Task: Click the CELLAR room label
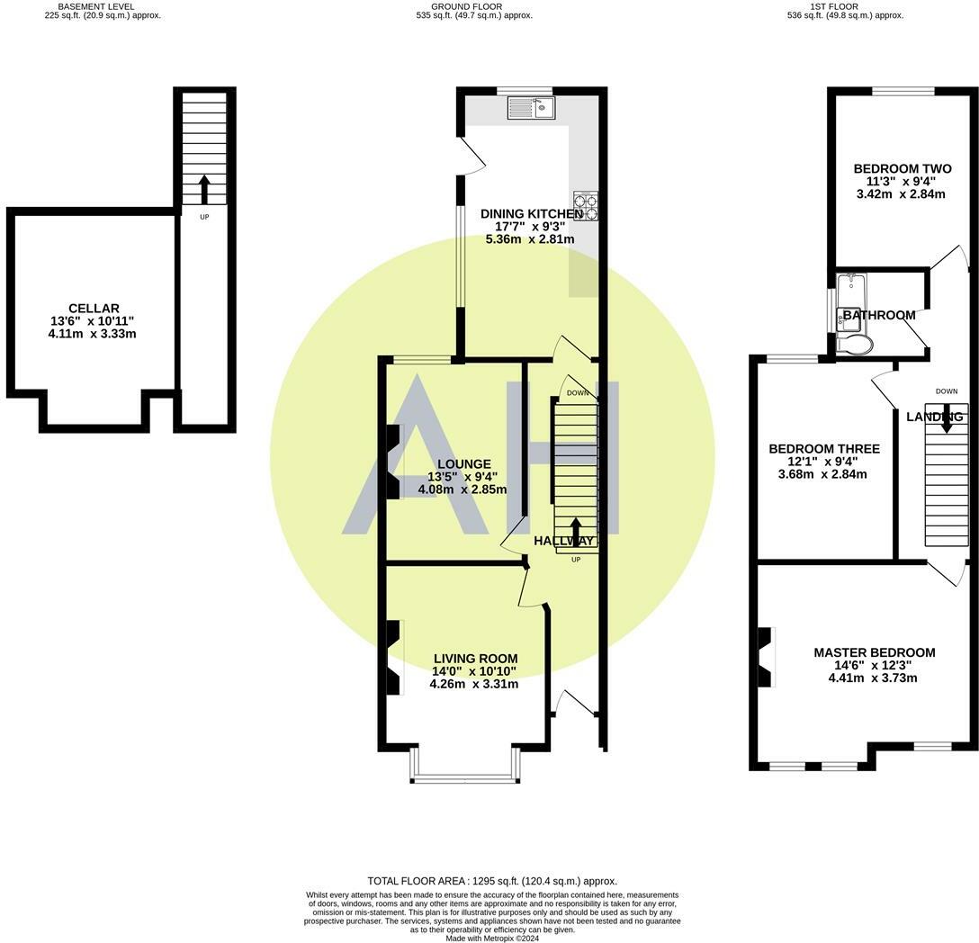coord(94,308)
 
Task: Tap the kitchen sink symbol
coord(531,107)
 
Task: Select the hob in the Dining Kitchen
coord(586,206)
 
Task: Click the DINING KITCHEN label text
coord(532,213)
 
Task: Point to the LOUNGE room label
coord(464,464)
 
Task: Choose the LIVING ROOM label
coord(476,659)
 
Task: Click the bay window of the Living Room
coord(465,765)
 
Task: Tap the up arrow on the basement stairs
coord(204,189)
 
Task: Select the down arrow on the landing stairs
coord(947,418)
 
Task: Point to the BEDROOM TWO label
coord(903,168)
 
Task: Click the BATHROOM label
coord(879,315)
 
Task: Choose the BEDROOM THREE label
coord(824,448)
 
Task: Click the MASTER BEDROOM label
coord(874,652)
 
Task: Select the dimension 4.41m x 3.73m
coord(873,678)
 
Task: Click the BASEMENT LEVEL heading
coord(96,6)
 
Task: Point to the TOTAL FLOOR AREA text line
coord(492,881)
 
